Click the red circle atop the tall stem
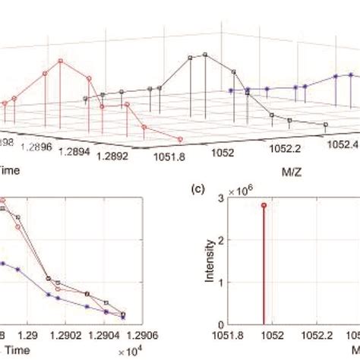(x=264, y=205)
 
